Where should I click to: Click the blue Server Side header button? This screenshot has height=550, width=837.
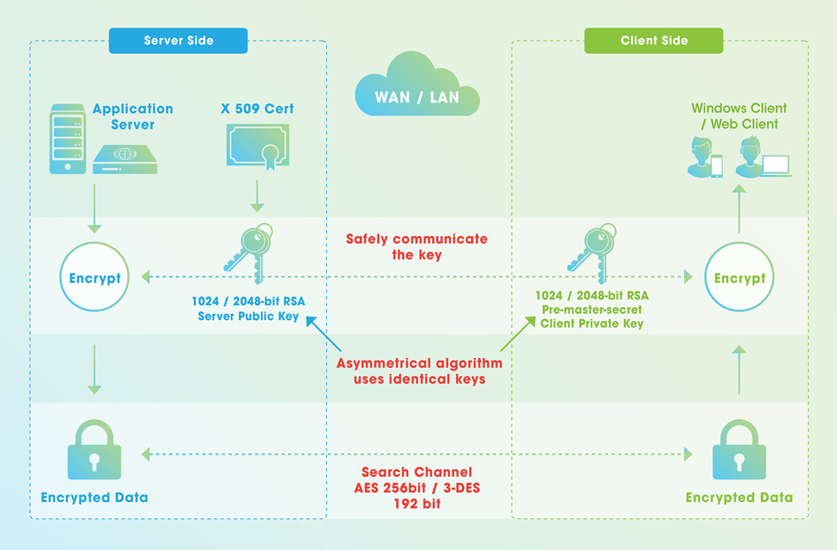(x=179, y=41)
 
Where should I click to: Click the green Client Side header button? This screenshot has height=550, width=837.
(x=654, y=41)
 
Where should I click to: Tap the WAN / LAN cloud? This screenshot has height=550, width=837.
(x=417, y=86)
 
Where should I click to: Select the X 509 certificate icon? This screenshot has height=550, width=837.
(x=258, y=146)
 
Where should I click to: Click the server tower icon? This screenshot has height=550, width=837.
(x=68, y=139)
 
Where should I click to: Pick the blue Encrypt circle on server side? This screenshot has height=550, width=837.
(x=95, y=277)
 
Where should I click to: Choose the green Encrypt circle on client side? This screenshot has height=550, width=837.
(x=739, y=277)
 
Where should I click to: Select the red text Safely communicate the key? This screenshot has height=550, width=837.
(x=417, y=247)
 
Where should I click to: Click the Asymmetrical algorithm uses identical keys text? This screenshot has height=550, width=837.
(x=420, y=371)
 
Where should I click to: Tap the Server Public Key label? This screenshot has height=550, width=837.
(x=248, y=316)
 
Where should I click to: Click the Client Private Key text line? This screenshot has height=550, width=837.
(x=592, y=324)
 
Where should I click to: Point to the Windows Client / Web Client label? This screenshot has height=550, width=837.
(x=739, y=116)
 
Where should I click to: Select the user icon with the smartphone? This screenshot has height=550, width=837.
(x=705, y=157)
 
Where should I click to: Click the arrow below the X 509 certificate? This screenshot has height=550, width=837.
(x=257, y=196)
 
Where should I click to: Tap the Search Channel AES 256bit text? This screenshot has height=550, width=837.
(x=417, y=480)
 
